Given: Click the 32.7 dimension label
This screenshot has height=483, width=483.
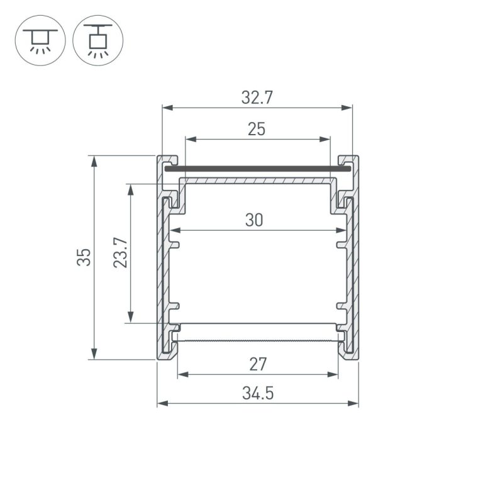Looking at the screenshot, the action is tap(257, 97).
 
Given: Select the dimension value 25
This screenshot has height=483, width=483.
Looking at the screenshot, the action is tap(257, 130).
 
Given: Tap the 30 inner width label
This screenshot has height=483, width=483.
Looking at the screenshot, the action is tap(254, 220).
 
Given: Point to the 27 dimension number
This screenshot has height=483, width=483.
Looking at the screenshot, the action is tap(258, 364).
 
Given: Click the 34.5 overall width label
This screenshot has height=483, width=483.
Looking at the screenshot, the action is tap(258, 393).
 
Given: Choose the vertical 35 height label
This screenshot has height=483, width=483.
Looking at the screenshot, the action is tap(84, 257).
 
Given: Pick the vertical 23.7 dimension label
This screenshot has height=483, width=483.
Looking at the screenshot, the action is tap(120, 253).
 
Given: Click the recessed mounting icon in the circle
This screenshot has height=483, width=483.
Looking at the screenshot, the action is tap(40, 40).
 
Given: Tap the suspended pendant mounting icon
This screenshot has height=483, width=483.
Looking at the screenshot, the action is tap(98, 40).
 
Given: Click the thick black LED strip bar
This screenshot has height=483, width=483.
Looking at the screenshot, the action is tap(258, 169).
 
